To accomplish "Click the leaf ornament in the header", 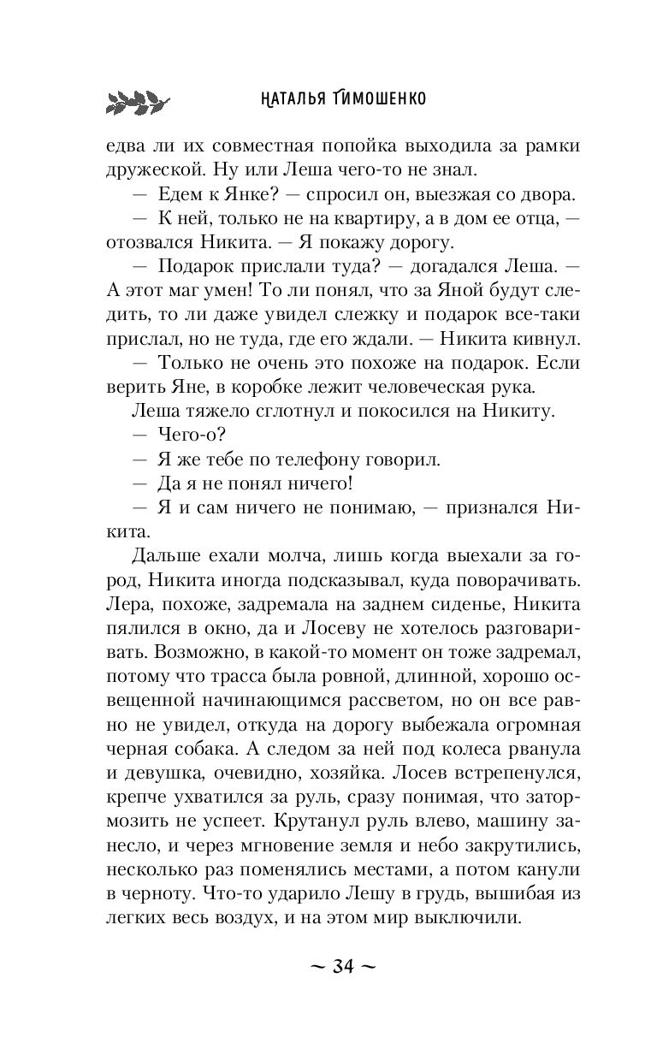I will point(133,100).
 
